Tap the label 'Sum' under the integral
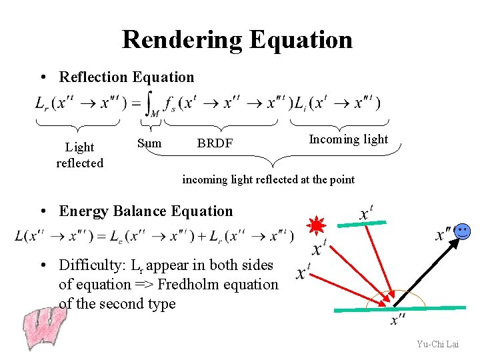pos(149,142)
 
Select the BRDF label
pos(215,143)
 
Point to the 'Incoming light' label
pos(348,139)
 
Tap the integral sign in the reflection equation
pos(152,103)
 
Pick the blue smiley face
pos(463,232)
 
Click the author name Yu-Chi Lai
pos(437,344)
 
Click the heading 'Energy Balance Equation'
pos(146,211)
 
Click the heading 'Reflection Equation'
pos(127,77)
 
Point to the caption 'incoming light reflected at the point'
pos(268,179)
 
